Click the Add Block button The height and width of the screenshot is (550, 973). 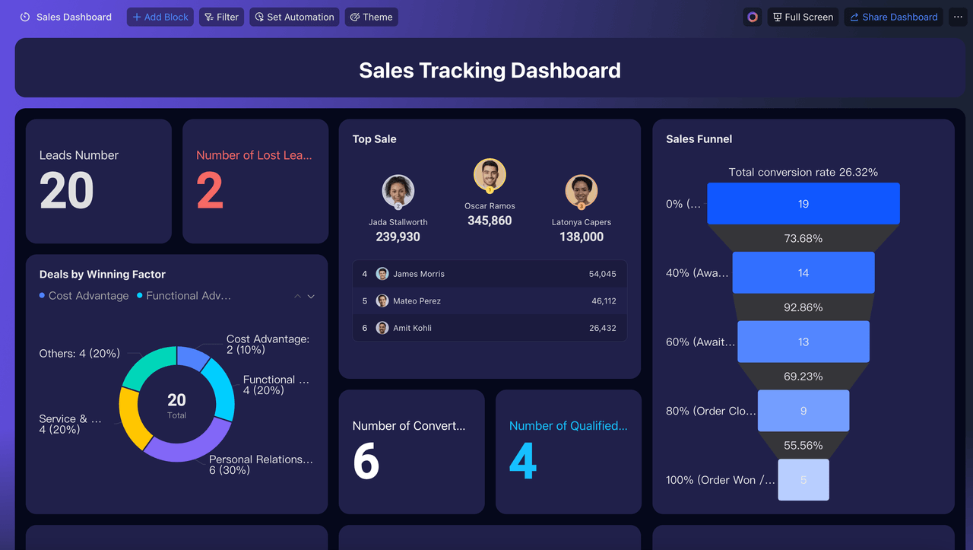[x=160, y=17]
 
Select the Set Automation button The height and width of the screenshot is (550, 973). [x=294, y=17]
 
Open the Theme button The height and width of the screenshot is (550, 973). [x=372, y=17]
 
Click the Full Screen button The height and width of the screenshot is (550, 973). [x=803, y=17]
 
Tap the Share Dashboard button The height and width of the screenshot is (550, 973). [x=893, y=17]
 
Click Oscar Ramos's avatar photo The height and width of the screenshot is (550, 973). [x=490, y=175]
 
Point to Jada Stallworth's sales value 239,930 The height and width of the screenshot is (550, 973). [x=398, y=237]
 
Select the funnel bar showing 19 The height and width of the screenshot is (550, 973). [x=803, y=203]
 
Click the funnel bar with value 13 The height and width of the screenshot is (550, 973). [x=803, y=342]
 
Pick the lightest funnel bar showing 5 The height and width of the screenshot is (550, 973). [x=803, y=479]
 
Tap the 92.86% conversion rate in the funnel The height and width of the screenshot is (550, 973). [x=803, y=307]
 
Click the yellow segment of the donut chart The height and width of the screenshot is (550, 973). [x=132, y=418]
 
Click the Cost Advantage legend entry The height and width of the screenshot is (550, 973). [x=84, y=296]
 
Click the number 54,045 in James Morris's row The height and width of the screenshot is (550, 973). [x=602, y=274]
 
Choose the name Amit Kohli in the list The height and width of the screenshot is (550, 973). [x=412, y=328]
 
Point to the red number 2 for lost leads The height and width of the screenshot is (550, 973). [x=210, y=190]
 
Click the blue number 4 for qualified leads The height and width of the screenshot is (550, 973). [x=523, y=461]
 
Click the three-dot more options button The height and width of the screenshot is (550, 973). [x=958, y=17]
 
